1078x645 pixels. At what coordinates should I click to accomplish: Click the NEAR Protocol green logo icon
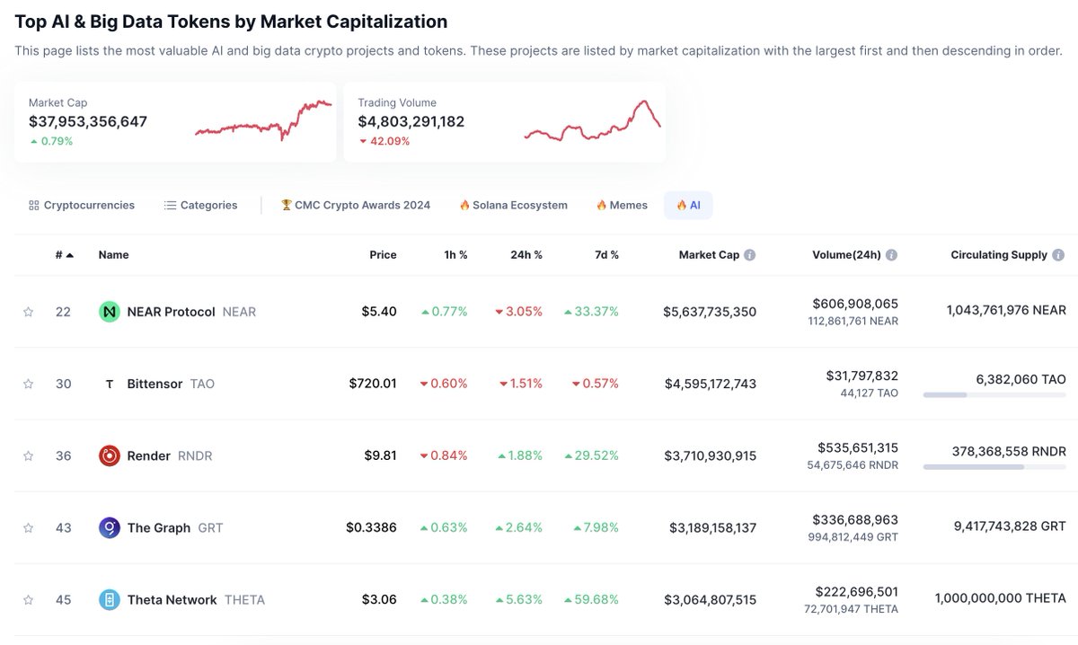[110, 312]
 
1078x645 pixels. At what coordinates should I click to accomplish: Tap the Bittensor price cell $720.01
[373, 384]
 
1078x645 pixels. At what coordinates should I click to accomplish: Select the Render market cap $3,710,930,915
[710, 455]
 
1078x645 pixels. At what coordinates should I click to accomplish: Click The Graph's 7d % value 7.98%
[596, 527]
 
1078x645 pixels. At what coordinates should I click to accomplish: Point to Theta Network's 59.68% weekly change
[592, 599]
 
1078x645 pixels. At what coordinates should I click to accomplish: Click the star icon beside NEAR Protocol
[28, 312]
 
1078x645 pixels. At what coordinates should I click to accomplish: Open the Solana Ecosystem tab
[514, 205]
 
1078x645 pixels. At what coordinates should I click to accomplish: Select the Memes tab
[622, 205]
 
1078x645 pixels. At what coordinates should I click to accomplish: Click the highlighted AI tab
[688, 205]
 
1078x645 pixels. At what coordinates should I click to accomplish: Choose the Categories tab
[201, 205]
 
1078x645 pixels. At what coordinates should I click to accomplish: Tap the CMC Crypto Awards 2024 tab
[356, 205]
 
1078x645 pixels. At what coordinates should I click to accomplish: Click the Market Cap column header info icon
[750, 255]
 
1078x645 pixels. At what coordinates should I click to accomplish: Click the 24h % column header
[526, 255]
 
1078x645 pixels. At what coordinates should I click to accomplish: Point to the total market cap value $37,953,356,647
[88, 121]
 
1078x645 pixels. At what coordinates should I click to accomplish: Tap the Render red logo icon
[110, 455]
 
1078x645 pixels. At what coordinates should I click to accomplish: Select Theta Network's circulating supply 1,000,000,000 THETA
[1000, 598]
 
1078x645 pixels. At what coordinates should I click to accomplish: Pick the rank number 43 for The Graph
[63, 527]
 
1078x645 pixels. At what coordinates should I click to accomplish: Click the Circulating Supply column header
[998, 255]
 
